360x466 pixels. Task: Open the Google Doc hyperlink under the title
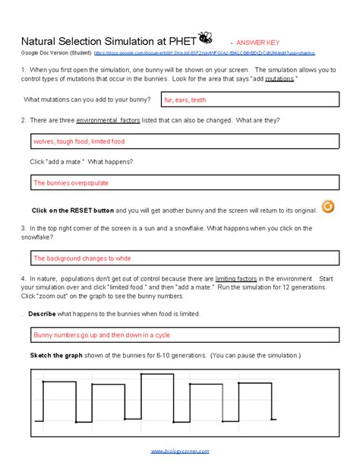[x=204, y=54]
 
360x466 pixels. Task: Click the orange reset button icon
[x=327, y=207]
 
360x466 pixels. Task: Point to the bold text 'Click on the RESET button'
[x=73, y=210]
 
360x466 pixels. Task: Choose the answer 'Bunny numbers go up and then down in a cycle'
[x=92, y=335]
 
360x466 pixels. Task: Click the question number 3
[x=24, y=228]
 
